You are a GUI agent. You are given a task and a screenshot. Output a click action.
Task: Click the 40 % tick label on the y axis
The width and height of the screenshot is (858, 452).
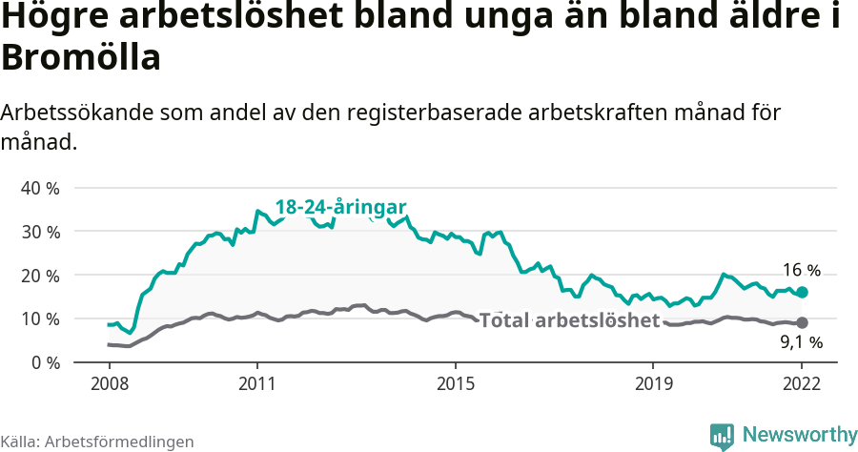click(x=40, y=188)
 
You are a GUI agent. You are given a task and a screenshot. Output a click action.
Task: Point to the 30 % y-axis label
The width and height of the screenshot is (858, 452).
click(x=40, y=232)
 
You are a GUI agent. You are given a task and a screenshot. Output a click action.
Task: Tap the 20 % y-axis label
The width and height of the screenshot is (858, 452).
click(x=40, y=276)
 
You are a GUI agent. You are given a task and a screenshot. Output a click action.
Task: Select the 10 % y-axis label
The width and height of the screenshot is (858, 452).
click(x=40, y=318)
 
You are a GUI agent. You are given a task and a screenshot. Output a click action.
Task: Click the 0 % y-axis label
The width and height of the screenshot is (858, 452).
click(x=45, y=362)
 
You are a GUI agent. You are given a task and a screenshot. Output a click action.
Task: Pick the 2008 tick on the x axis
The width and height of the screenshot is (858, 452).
click(x=109, y=383)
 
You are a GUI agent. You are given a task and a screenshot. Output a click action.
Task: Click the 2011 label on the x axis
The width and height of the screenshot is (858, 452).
click(x=257, y=383)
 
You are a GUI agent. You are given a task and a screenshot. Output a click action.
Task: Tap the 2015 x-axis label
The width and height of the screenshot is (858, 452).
click(x=456, y=383)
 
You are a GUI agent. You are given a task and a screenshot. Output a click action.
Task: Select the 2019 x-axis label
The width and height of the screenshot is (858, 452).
click(x=653, y=383)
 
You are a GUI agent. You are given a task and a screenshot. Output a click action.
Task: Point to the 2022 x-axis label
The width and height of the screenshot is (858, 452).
click(x=802, y=383)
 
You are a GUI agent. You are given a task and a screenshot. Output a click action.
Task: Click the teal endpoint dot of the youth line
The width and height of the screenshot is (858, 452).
click(x=802, y=292)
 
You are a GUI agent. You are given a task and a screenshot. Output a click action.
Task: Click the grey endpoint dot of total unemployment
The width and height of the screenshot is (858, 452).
click(x=802, y=322)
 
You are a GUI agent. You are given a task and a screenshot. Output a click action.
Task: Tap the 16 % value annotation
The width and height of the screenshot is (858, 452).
click(x=802, y=270)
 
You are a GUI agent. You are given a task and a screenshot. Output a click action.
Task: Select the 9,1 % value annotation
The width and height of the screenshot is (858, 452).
click(x=802, y=342)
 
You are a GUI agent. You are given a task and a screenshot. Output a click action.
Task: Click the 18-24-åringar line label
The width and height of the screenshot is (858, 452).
click(x=341, y=207)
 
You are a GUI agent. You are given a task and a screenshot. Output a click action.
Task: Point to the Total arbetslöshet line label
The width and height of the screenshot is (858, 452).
click(x=569, y=320)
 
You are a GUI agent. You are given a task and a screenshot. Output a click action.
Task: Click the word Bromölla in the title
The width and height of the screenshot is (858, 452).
click(x=80, y=58)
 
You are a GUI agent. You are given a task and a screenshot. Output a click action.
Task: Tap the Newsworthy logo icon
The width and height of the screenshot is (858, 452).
click(x=722, y=436)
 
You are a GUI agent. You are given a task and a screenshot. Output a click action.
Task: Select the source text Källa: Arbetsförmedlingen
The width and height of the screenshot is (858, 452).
click(x=97, y=442)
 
